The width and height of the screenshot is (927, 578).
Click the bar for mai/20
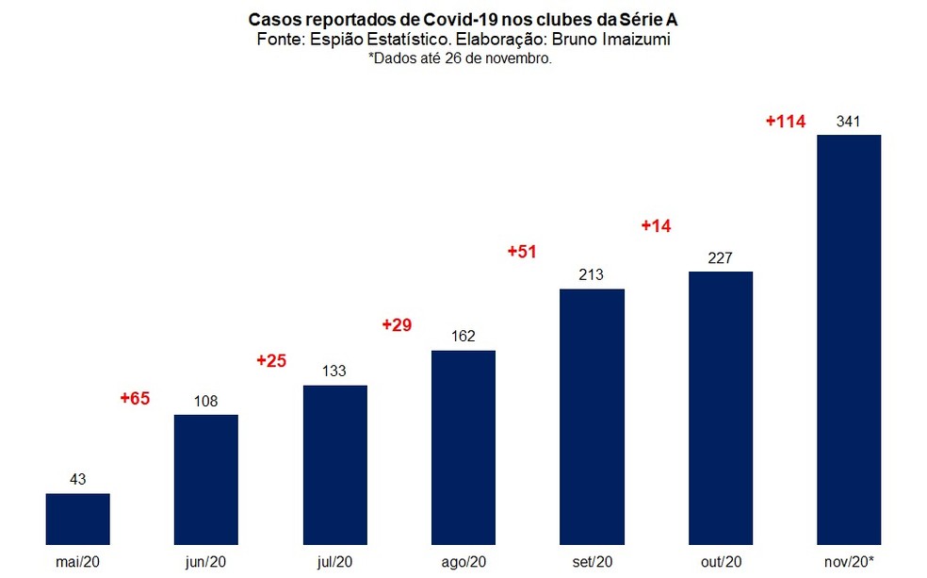point(78,519)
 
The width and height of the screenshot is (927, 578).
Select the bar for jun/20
point(206,479)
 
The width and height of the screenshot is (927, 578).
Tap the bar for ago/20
point(463,447)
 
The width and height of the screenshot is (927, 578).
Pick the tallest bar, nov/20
point(849,339)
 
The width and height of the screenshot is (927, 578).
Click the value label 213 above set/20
point(592,275)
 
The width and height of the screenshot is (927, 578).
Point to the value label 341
point(849,122)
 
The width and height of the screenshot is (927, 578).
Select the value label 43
point(78,480)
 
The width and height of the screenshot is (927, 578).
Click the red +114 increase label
point(785,122)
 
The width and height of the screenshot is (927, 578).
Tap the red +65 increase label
point(135,399)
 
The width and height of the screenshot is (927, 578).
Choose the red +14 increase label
point(656,226)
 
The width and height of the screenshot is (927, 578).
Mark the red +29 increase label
point(398,324)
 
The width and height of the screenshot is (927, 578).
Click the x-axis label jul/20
point(334,563)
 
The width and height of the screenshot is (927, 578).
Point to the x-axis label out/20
point(721,563)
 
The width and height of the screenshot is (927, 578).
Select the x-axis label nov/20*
point(849,563)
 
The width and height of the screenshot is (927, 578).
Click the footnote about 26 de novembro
point(460,58)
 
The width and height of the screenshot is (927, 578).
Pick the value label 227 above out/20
point(721,258)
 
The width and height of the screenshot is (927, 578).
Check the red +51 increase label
point(522,252)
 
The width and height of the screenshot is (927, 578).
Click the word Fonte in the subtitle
point(278,40)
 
